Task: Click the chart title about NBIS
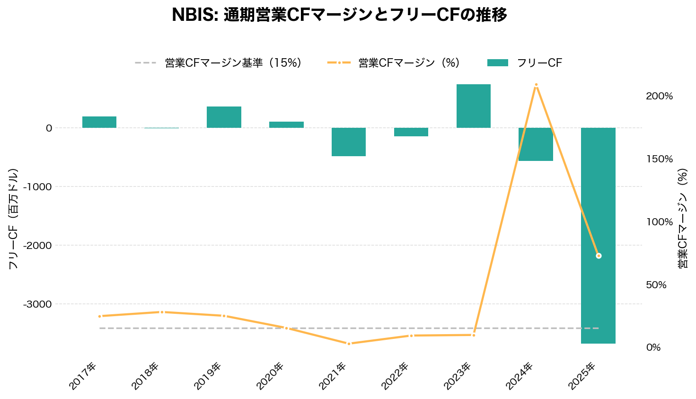coord(339,15)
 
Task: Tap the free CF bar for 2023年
coord(473,106)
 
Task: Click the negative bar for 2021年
coord(349,142)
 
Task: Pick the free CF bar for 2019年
coord(224,117)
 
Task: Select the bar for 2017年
coord(99,122)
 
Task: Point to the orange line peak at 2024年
coord(536,85)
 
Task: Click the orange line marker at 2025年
coord(599,256)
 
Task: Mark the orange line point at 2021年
coord(349,344)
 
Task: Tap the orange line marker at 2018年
coord(162,312)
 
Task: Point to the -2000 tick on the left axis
coord(39,245)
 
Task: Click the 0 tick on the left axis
coord(49,128)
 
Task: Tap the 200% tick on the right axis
coord(659,96)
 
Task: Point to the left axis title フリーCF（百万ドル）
coord(13,219)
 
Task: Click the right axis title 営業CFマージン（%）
coord(682,219)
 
